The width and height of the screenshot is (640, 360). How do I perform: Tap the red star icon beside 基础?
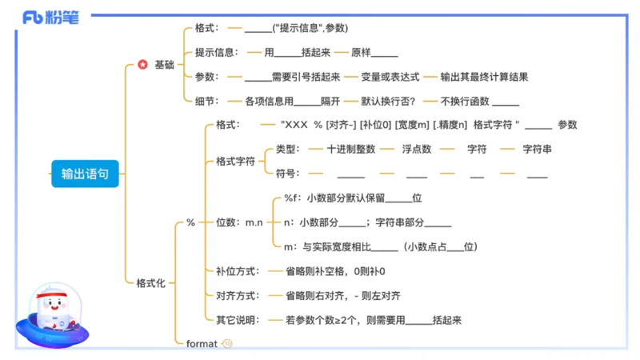pyautogui.click(x=142, y=65)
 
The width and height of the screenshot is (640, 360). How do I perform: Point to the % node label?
pyautogui.click(x=190, y=222)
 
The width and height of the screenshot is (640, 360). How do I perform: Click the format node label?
pyautogui.click(x=202, y=343)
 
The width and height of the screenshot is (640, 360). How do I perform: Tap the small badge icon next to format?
pyautogui.click(x=227, y=343)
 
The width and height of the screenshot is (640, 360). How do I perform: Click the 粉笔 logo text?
pyautogui.click(x=63, y=18)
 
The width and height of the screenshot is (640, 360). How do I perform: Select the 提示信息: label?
pyautogui.click(x=216, y=53)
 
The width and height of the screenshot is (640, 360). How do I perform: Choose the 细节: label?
pyautogui.click(x=206, y=102)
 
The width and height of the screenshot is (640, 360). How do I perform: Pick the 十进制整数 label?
pyautogui.click(x=351, y=149)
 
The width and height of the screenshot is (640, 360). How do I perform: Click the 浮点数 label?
pyautogui.click(x=416, y=149)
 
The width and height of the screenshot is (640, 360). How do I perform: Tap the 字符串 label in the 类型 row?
pyautogui.click(x=537, y=149)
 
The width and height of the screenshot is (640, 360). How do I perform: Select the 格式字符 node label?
pyautogui.click(x=235, y=161)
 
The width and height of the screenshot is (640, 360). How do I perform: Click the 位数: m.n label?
pyautogui.click(x=240, y=222)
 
